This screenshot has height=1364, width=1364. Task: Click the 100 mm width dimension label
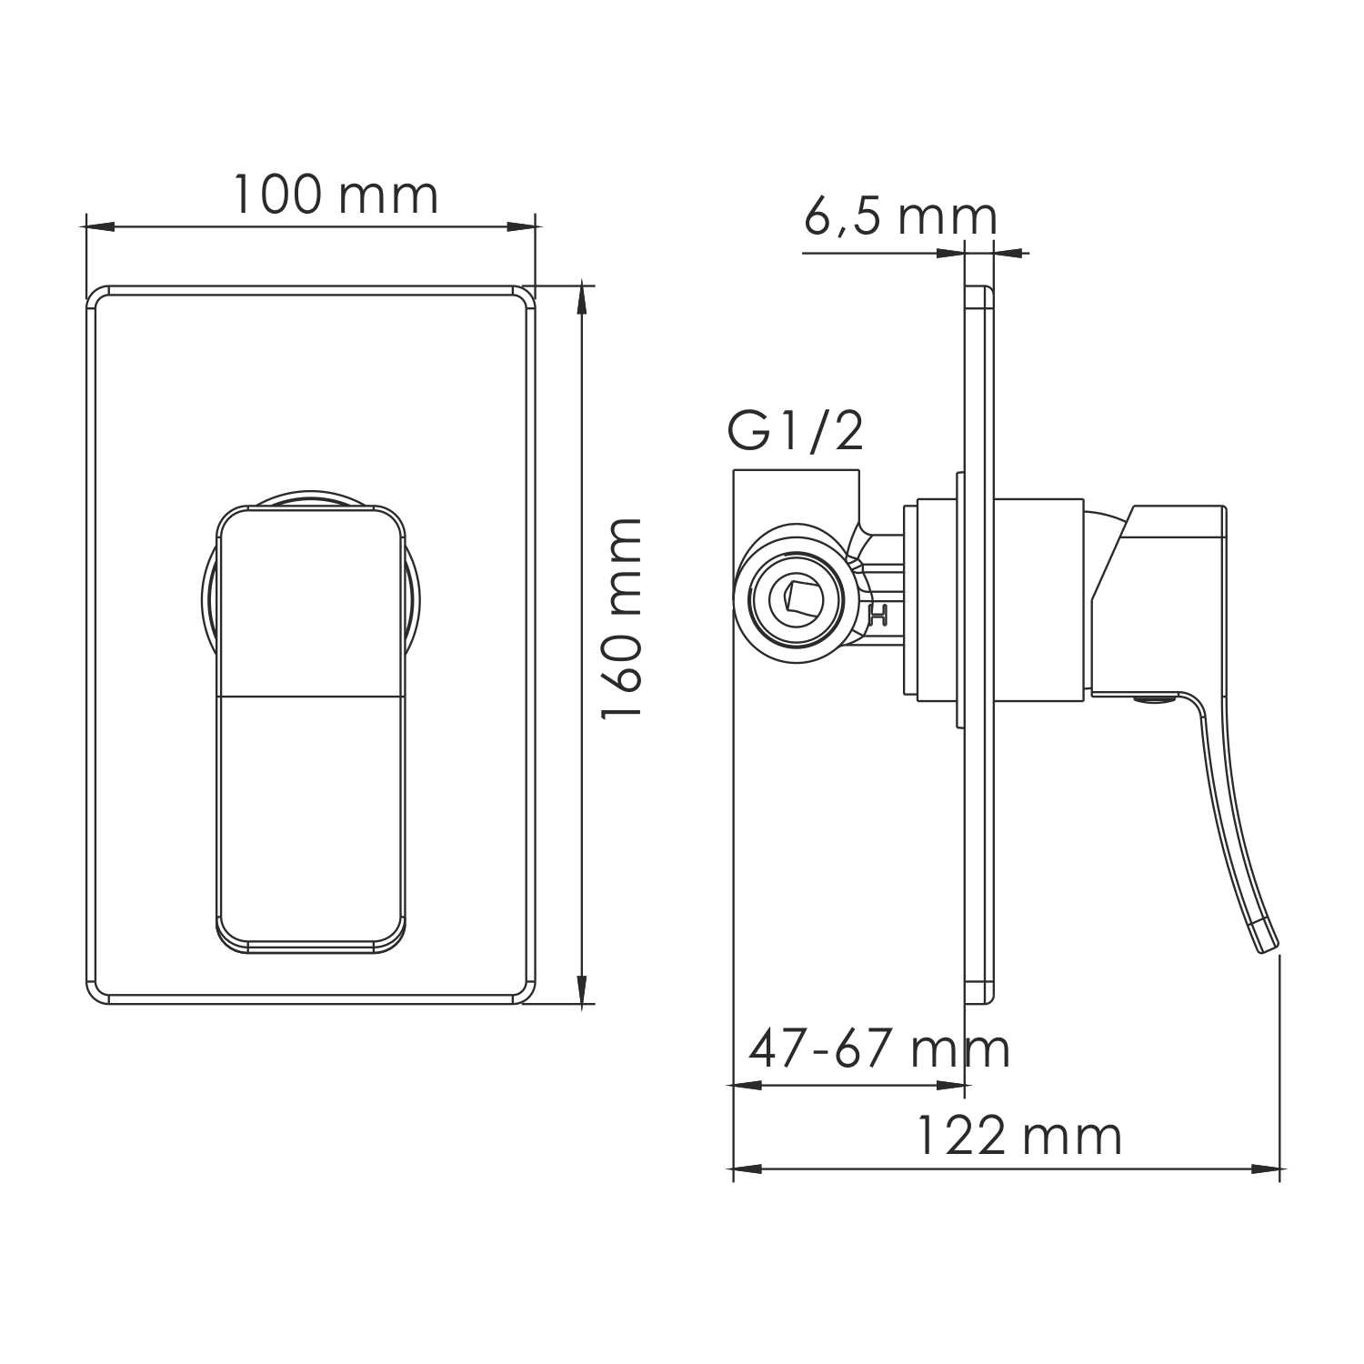pos(336,195)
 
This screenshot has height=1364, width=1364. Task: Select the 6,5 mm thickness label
pos(900,217)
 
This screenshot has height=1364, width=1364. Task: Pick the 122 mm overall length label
pos(1018,1137)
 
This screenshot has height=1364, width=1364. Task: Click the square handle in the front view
pos(311,727)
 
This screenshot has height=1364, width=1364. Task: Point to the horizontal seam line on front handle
pos(311,697)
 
